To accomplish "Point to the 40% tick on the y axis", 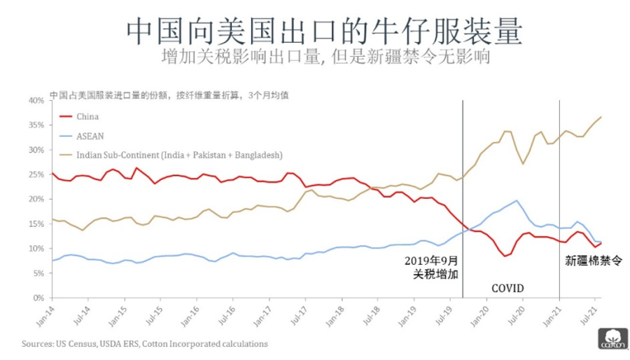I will click(34, 100).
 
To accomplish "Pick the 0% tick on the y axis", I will click(37, 298).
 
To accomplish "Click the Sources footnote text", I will click(144, 344).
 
